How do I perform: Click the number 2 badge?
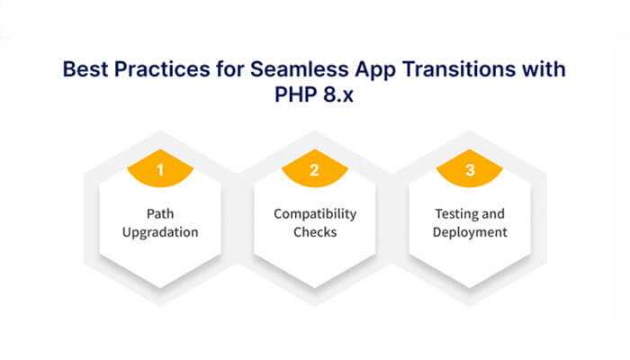tap(315, 170)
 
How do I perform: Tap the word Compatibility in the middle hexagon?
tap(315, 213)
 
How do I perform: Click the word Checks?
tap(315, 232)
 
